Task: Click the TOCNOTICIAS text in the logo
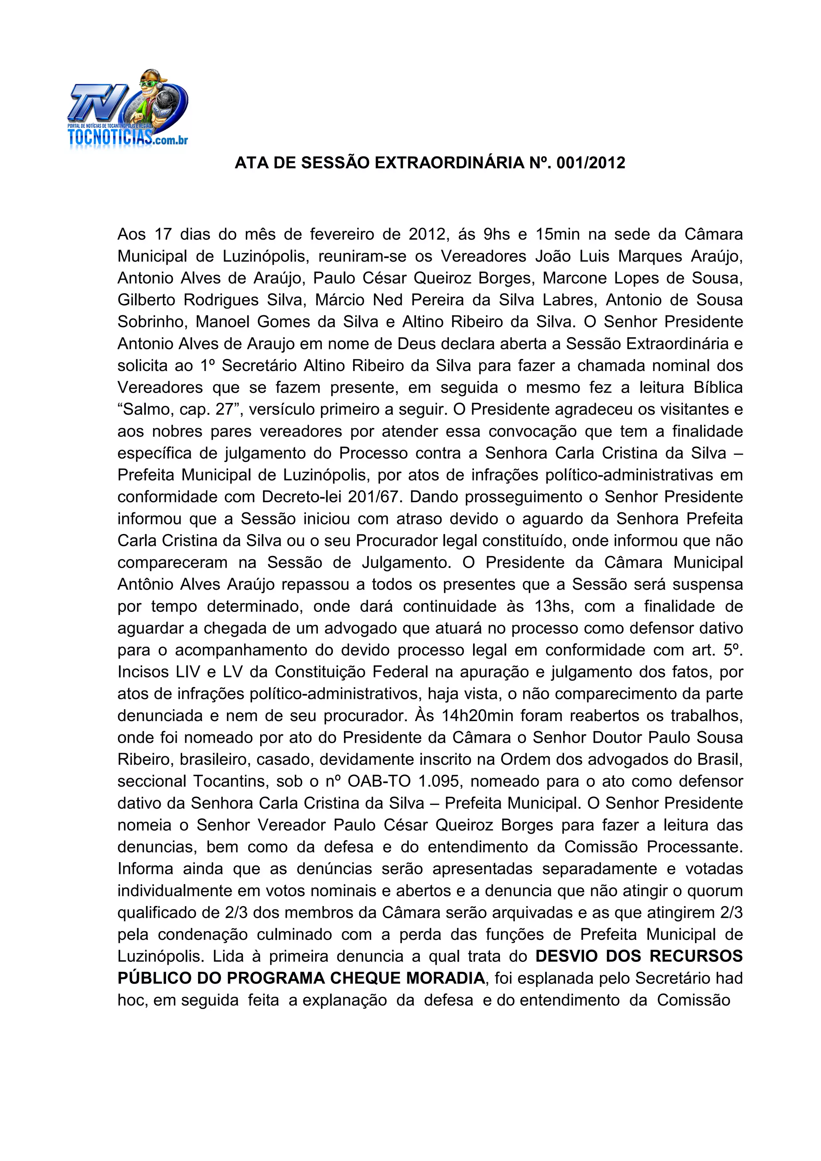110,137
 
